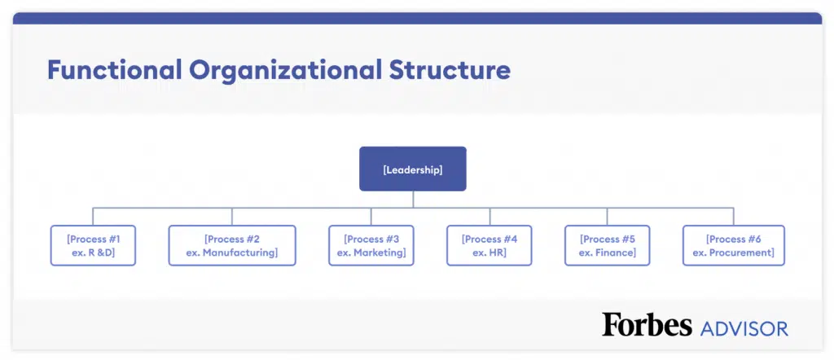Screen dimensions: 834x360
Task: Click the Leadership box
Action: coord(413,169)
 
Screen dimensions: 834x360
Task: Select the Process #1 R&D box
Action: coord(93,245)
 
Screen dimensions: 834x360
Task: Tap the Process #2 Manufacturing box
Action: coord(232,245)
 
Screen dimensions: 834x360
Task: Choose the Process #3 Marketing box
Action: coord(371,245)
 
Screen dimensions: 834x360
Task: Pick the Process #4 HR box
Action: coord(489,245)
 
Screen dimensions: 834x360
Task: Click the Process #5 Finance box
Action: coord(607,245)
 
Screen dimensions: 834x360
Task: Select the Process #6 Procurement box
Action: coord(734,245)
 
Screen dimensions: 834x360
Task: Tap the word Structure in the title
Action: coord(450,70)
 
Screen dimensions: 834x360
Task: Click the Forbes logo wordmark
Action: coord(647,324)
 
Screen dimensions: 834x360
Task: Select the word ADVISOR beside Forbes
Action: coord(744,328)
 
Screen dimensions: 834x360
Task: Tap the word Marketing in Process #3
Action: coord(380,252)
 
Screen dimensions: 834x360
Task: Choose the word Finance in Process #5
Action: coord(615,252)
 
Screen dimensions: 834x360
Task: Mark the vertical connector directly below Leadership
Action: coord(413,200)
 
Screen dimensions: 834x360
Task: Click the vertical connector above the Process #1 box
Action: coord(93,217)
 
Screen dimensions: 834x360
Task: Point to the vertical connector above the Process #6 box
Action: coord(734,217)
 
